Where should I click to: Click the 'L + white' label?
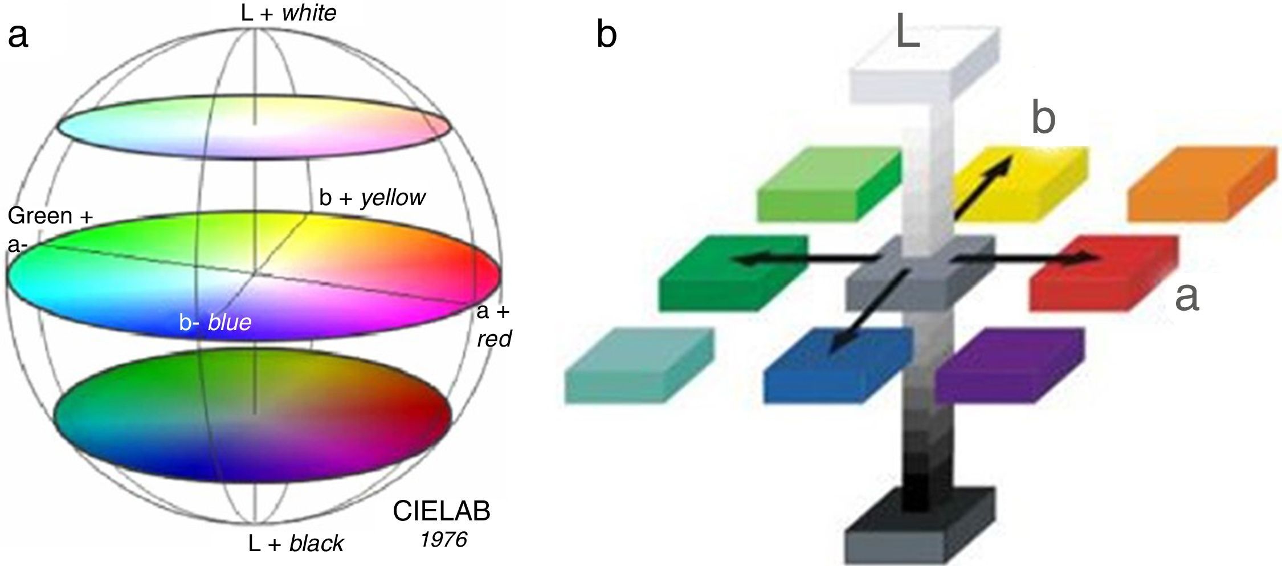[x=288, y=13]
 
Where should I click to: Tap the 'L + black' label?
[x=296, y=543]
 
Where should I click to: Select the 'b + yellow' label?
[x=372, y=198]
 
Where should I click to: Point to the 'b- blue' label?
[x=215, y=323]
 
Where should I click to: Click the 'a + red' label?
[x=493, y=325]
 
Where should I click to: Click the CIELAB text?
[x=441, y=512]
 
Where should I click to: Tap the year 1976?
[x=444, y=539]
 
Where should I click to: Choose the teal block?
[x=638, y=365]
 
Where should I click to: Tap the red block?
[x=1103, y=274]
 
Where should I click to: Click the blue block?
[x=838, y=365]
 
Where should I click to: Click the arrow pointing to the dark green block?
[x=803, y=259]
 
